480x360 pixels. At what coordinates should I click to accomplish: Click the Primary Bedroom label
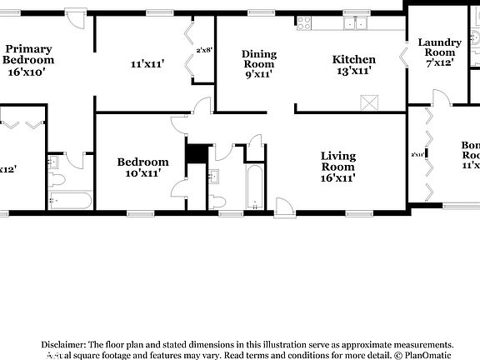tap(28, 60)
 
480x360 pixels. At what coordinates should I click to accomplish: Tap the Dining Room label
tap(259, 64)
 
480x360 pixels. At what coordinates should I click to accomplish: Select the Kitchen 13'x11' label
tap(353, 65)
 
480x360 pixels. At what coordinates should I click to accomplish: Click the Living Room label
tap(338, 167)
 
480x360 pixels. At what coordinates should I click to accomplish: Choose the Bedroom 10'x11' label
tap(142, 167)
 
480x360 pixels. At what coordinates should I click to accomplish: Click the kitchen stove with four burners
tap(303, 22)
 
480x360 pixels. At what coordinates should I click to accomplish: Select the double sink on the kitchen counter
tap(357, 22)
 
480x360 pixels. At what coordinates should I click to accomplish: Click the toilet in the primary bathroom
tap(56, 179)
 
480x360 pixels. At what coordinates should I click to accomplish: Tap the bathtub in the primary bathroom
tap(70, 201)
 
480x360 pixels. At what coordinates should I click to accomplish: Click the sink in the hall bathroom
tap(214, 176)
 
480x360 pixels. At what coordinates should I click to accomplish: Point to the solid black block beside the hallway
tap(196, 154)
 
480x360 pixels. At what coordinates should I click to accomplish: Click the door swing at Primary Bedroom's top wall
tap(76, 19)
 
